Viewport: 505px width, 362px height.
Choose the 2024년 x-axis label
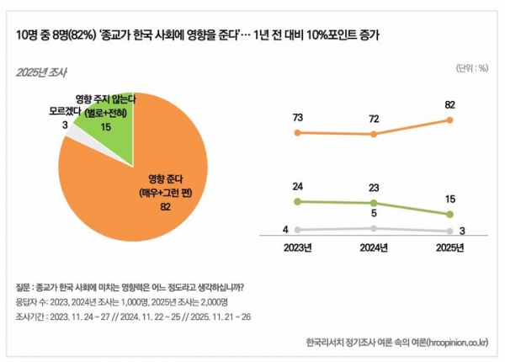(375, 248)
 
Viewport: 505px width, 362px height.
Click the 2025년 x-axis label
(452, 248)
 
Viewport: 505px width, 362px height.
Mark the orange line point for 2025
(452, 120)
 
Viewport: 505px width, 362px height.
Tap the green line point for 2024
(375, 203)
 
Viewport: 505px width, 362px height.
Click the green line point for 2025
(452, 215)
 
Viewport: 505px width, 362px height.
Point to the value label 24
(297, 188)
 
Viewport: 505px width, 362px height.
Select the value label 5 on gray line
(375, 216)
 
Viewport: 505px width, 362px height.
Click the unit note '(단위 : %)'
(471, 68)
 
